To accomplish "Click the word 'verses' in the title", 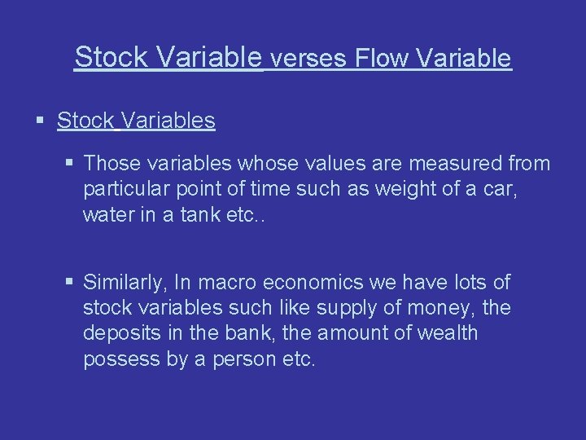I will tap(306, 59).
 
